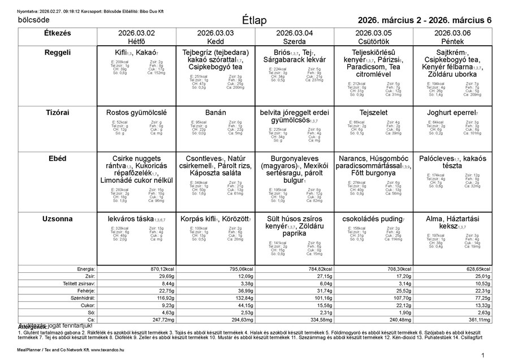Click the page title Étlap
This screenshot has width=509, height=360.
coord(254,20)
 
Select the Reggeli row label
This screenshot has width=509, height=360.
coord(57,53)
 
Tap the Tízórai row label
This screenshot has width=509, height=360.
coord(57,113)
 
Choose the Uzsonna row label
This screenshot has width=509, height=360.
coord(57,218)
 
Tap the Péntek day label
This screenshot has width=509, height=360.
coord(453,41)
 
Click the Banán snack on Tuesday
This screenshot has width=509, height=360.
coord(215,113)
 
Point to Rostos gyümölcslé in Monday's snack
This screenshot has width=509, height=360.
coord(136,113)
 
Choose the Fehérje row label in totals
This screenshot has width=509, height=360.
coord(85,290)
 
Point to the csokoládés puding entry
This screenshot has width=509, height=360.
coord(373,218)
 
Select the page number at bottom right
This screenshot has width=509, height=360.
coord(482,354)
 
